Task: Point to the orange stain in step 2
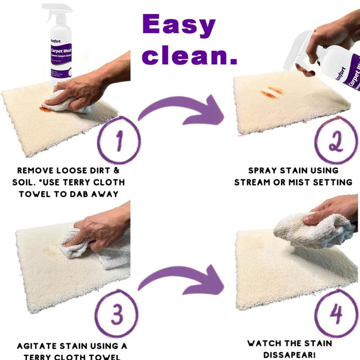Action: pyautogui.click(x=272, y=92)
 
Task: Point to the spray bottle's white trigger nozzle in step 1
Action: pyautogui.click(x=52, y=10)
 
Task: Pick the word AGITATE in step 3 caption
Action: pyautogui.click(x=37, y=346)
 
